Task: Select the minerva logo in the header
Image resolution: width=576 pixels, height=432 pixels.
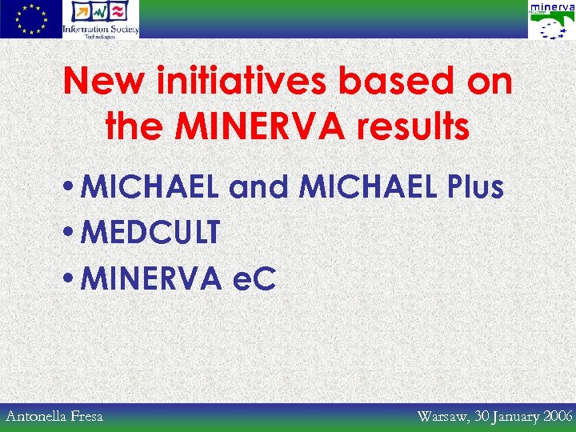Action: tap(551, 20)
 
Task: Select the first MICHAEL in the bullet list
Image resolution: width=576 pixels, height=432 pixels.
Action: tap(151, 187)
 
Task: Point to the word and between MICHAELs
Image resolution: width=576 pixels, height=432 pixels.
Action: tap(260, 187)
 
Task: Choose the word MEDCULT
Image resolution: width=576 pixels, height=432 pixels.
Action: tap(150, 233)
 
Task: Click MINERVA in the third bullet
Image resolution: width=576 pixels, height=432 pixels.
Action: tap(150, 278)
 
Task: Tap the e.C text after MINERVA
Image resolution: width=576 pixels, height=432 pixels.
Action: tap(253, 278)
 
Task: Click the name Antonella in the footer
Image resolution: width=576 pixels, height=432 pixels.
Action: tap(37, 416)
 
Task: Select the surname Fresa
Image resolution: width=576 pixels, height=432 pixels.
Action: tap(86, 416)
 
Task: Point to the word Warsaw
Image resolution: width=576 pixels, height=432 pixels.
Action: tap(442, 416)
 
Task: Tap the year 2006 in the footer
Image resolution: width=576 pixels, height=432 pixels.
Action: tap(558, 416)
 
